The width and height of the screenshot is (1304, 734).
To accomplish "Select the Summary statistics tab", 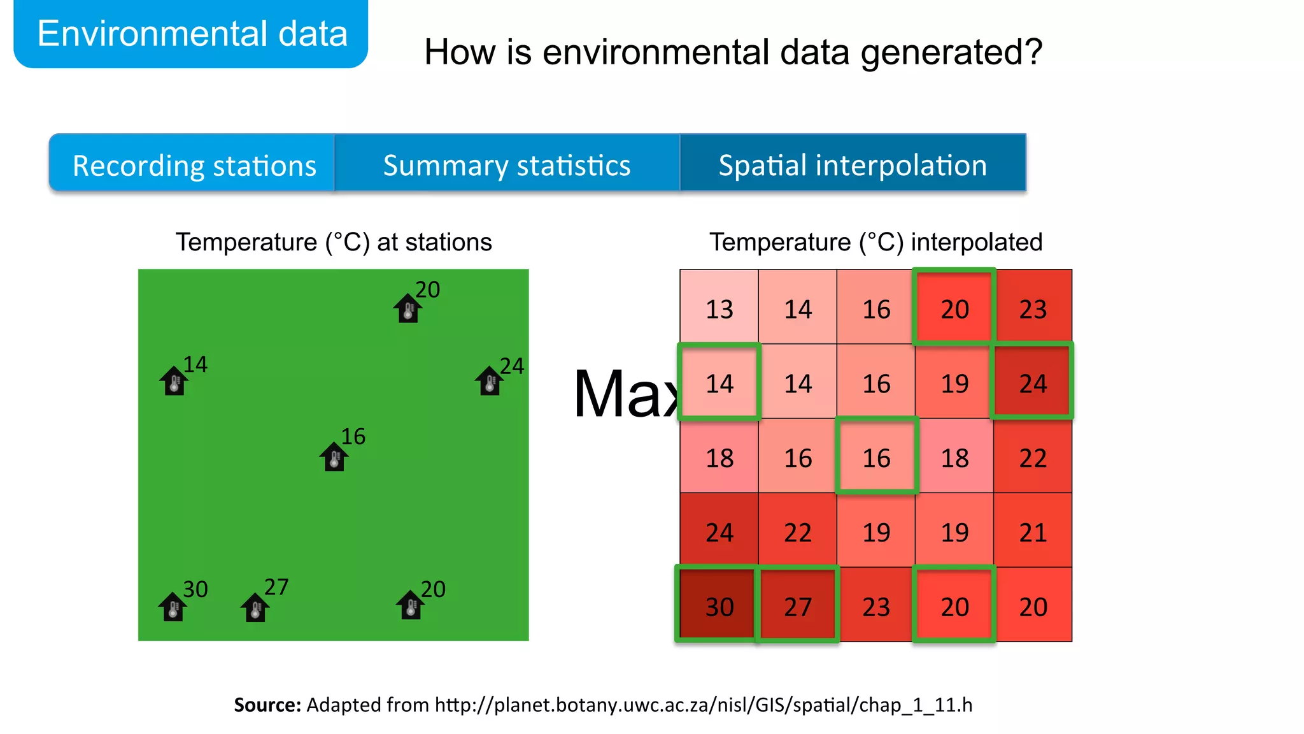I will coord(506,165).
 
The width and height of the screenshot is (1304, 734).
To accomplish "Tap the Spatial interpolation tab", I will coord(852,165).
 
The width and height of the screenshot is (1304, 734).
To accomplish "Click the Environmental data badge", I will coord(192,34).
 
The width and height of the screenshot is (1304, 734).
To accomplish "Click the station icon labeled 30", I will coord(173,607).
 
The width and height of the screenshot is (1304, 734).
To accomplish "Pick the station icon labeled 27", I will coord(255,607).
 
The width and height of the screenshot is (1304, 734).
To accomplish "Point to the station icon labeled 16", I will coord(334,457).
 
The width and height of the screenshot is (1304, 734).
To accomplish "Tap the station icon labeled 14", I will coord(174,381).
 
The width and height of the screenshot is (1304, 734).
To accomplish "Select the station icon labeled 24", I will coord(489,381).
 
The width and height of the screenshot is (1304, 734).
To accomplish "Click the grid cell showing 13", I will coord(719,308).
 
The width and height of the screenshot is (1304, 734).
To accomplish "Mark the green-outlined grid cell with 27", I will coord(797,606).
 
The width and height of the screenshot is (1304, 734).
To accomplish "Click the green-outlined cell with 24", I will coord(1032,382).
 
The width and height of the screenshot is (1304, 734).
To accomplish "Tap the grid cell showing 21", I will coord(1032,531).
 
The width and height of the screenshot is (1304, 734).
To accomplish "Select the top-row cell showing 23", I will coord(1032,308).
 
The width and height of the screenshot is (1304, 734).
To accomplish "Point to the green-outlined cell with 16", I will coord(876,457).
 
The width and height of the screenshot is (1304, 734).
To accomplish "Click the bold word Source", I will coord(267,704).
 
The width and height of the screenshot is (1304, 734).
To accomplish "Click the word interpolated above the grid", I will coord(976,242).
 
